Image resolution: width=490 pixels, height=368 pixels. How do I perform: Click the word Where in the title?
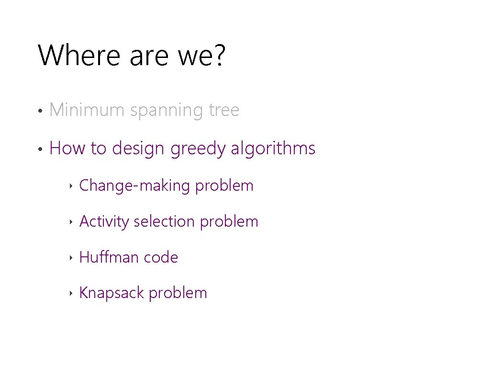(x=79, y=55)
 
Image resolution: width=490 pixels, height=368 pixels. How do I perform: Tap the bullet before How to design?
(x=42, y=149)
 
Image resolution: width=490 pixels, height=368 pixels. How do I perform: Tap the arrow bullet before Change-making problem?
(x=70, y=186)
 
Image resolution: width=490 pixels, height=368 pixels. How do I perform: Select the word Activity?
(x=104, y=222)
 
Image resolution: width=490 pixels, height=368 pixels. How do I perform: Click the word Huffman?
(x=109, y=257)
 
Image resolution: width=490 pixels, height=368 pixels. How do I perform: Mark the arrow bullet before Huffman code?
(x=70, y=258)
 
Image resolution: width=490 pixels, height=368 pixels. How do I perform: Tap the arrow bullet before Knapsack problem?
(x=70, y=293)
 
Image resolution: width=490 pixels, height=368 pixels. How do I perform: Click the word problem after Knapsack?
(x=178, y=293)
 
